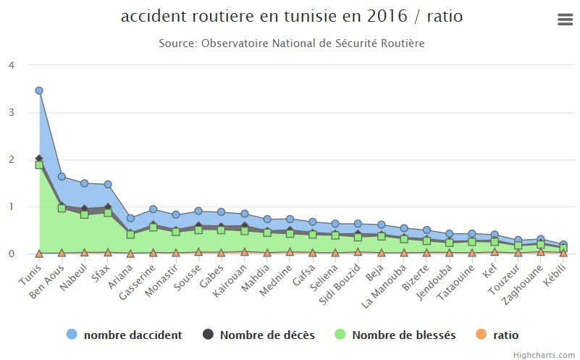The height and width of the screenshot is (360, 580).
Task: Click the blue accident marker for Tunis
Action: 39,91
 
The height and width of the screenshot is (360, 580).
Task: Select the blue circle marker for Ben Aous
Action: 62,177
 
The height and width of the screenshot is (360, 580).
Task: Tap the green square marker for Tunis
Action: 39,165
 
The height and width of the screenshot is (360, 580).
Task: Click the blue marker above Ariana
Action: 130,218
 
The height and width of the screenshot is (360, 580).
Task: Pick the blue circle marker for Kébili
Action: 563,245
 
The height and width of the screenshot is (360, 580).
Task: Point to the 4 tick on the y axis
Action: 11,65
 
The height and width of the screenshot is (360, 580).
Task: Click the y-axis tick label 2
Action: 11,159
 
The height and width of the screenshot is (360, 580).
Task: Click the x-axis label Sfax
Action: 102,275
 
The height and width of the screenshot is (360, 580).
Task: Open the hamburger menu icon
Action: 566,20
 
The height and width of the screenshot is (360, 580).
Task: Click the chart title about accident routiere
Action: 291,16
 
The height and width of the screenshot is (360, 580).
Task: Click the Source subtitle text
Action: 291,43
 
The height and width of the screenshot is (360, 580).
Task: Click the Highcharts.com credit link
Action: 544,354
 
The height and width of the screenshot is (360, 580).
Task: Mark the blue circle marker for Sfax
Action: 107,185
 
